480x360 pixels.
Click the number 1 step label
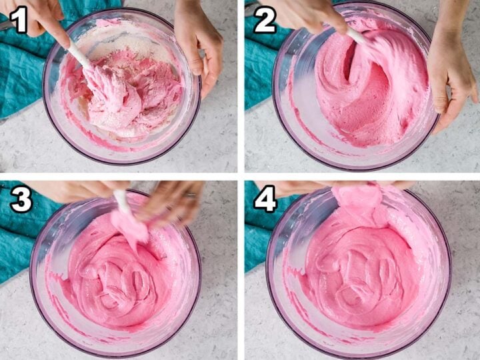[x=19, y=21]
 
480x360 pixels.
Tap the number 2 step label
[x=265, y=21]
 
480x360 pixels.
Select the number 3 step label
[x=21, y=199]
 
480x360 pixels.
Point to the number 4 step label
[x=266, y=199]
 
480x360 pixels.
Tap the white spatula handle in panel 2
[x=356, y=36]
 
